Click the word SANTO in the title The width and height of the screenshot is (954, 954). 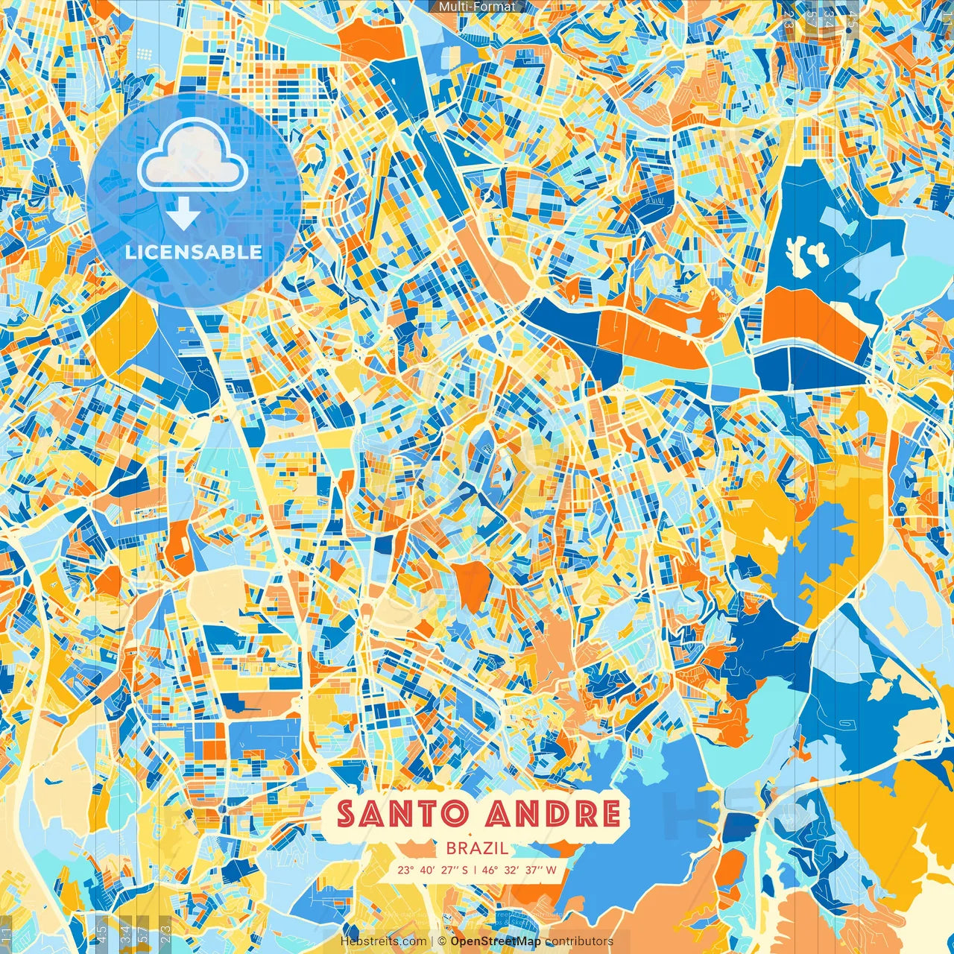tap(402, 814)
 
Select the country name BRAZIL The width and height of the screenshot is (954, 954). tap(477, 848)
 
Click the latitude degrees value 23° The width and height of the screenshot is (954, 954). tap(405, 870)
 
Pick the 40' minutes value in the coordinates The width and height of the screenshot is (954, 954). tap(427, 870)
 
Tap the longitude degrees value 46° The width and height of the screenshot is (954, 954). tap(490, 870)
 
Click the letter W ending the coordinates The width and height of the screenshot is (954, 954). tap(552, 870)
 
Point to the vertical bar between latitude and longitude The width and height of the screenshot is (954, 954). tap(475, 870)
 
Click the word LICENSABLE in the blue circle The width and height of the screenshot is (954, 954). tap(194, 252)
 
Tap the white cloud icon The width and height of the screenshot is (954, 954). tap(192, 156)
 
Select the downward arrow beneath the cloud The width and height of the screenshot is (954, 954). tap(183, 215)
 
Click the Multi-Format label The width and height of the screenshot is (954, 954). tap(477, 7)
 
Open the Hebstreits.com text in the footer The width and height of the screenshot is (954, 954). tap(383, 941)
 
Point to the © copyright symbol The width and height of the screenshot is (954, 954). tap(442, 941)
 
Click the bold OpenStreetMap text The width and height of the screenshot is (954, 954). tap(496, 941)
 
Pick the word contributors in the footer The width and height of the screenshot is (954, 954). tap(579, 941)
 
